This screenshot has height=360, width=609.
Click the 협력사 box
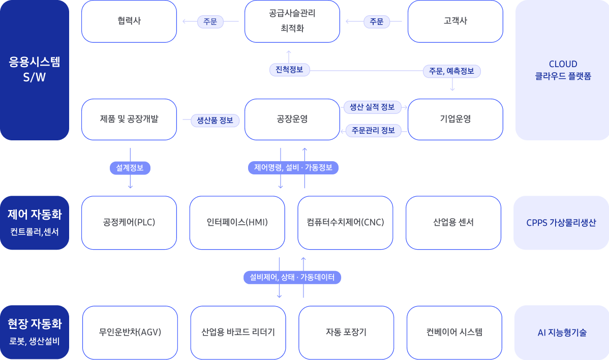pyautogui.click(x=129, y=21)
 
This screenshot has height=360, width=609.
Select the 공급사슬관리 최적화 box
pyautogui.click(x=292, y=21)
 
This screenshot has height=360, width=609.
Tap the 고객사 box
pyautogui.click(x=455, y=21)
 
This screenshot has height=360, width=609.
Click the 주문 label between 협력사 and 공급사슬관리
pyautogui.click(x=210, y=21)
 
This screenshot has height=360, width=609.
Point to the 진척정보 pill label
pyautogui.click(x=289, y=70)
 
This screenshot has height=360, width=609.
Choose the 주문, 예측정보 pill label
pyautogui.click(x=451, y=71)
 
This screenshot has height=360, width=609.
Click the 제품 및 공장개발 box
pyautogui.click(x=129, y=119)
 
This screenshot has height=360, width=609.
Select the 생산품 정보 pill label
pyautogui.click(x=215, y=121)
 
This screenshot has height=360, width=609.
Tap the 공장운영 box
pyautogui.click(x=292, y=119)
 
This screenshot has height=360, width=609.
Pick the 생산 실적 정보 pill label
pyautogui.click(x=372, y=107)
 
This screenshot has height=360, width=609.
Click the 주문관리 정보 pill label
pyautogui.click(x=373, y=131)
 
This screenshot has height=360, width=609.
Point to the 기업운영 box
pyautogui.click(x=455, y=119)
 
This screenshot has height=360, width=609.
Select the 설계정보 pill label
pyautogui.click(x=130, y=168)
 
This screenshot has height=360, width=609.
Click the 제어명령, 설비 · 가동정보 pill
pyautogui.click(x=293, y=168)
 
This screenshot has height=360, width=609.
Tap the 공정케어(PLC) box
pyautogui.click(x=129, y=223)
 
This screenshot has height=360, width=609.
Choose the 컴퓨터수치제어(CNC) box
pyautogui.click(x=345, y=223)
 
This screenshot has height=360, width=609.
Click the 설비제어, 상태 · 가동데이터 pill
pyautogui.click(x=292, y=277)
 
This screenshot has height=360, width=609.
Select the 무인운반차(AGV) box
pyautogui.click(x=130, y=333)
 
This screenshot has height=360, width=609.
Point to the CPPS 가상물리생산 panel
pyautogui.click(x=561, y=223)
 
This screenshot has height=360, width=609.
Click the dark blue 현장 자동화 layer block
pyautogui.click(x=35, y=332)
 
